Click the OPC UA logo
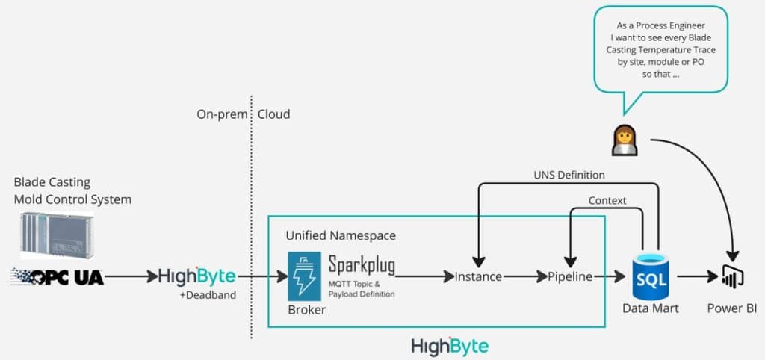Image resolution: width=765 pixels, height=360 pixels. tap(57, 276)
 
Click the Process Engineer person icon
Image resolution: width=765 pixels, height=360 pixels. tap(625, 140)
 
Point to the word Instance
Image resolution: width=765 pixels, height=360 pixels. tap(478, 276)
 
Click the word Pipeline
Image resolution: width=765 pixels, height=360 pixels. tap(569, 276)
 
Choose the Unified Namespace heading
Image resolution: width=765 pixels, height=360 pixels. tap(341, 235)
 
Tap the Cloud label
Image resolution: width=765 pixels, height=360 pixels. tap(273, 114)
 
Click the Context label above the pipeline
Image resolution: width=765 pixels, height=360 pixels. tap(607, 200)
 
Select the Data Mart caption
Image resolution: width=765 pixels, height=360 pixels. tap(651, 308)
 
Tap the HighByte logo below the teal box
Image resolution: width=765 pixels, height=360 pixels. tap(450, 346)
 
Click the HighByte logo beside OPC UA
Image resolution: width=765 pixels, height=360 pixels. tap(196, 276)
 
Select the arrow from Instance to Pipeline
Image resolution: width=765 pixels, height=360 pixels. tap(524, 276)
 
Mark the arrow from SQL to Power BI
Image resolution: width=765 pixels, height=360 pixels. tap(694, 276)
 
